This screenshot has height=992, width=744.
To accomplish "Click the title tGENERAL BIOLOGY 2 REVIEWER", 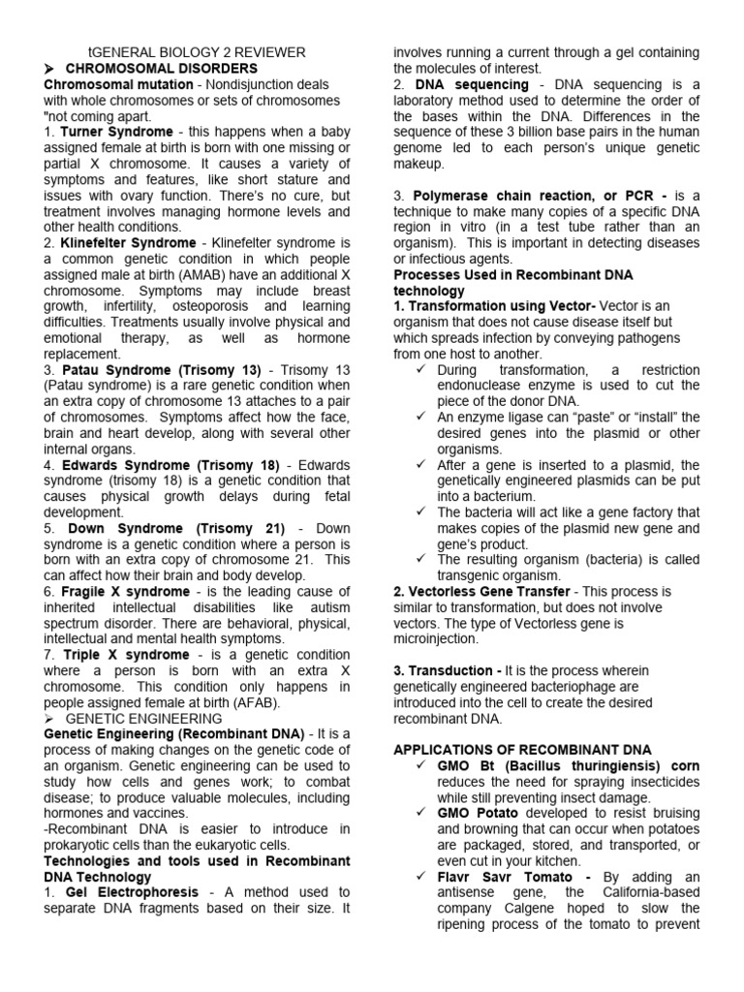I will coord(197,52).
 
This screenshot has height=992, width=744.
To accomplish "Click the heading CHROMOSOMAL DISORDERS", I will coord(161,69).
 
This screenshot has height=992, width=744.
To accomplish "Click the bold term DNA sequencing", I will coord(472,85).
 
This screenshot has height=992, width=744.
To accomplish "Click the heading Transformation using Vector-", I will coord(494,306).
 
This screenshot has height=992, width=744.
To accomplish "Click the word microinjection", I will coord(436,638).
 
